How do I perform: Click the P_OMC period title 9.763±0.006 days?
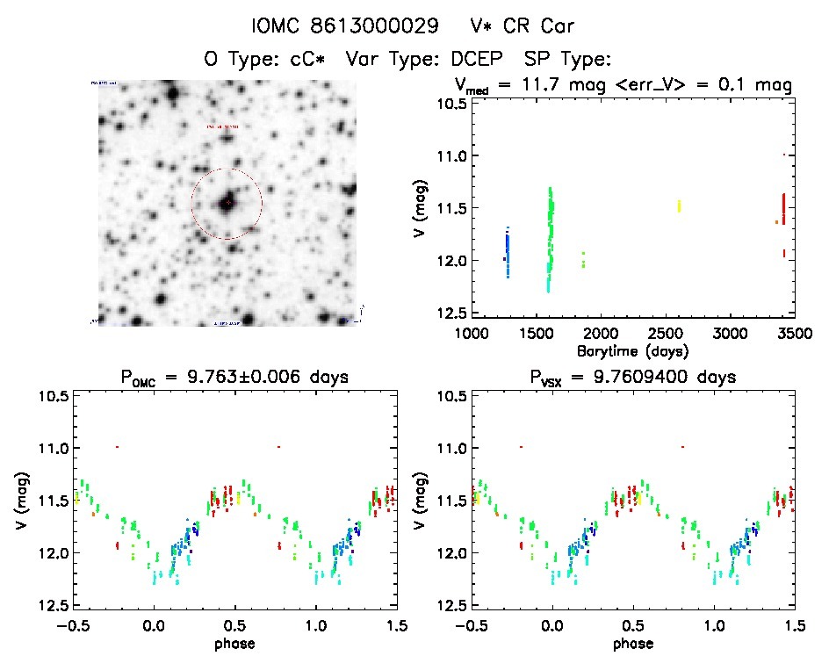234,378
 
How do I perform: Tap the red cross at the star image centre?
227,203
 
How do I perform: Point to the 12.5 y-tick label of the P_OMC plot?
54,606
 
